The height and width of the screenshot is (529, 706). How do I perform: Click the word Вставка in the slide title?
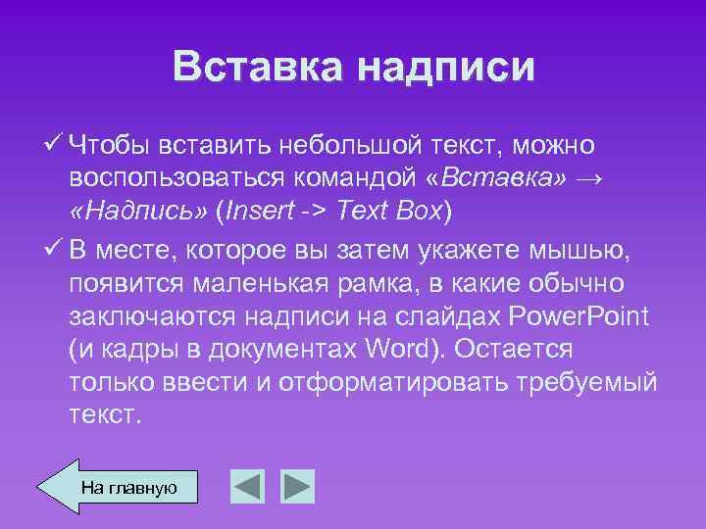[x=258, y=68]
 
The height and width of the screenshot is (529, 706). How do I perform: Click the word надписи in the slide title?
[x=447, y=68]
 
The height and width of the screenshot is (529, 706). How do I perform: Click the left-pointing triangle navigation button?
[x=248, y=486]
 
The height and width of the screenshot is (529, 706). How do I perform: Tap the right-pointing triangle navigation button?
[x=297, y=486]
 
